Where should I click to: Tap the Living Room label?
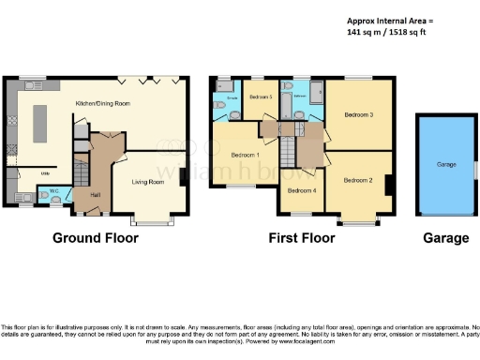coord(147,182)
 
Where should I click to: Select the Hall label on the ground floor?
coord(96,194)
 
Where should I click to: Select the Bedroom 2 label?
coord(357,179)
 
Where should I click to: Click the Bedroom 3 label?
coord(358,115)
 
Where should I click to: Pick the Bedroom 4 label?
coord(301,191)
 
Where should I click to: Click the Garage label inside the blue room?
coord(446,164)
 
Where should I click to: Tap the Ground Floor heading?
coord(95,238)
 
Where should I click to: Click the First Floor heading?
coord(301,238)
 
